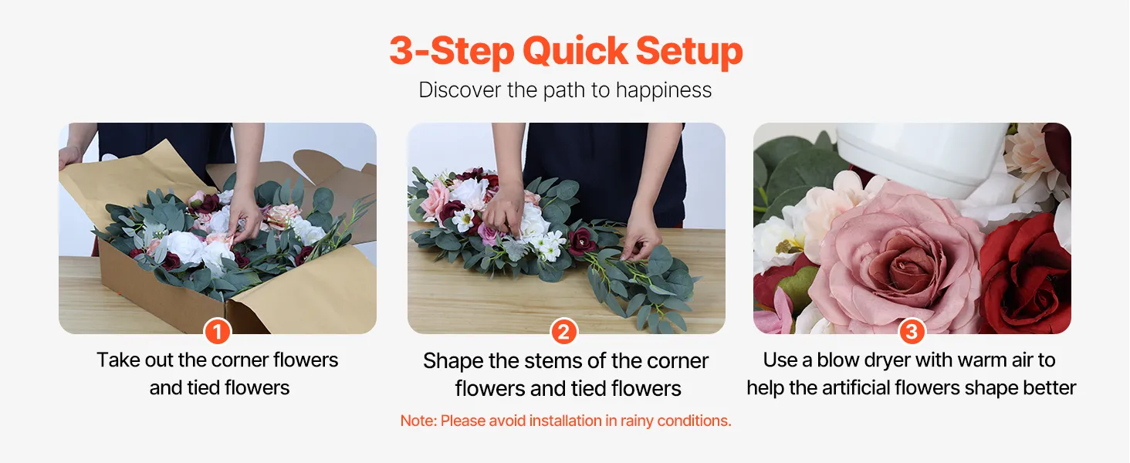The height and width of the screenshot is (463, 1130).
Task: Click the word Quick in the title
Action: tap(575, 52)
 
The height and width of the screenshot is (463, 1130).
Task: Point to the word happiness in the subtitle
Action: tap(663, 90)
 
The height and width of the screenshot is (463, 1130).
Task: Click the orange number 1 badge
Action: tap(218, 332)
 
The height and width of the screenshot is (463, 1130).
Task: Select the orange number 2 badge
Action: tap(564, 332)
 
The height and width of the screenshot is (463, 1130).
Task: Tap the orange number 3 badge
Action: tap(912, 332)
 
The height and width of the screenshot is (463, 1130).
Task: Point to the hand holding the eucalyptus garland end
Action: tap(641, 239)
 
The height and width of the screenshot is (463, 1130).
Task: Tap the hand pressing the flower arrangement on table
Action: tap(503, 213)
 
